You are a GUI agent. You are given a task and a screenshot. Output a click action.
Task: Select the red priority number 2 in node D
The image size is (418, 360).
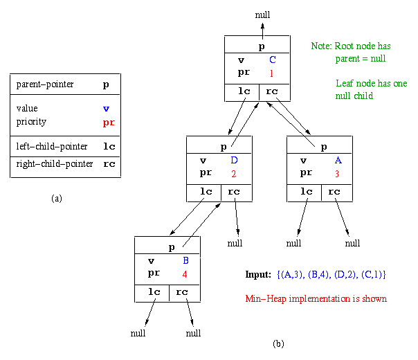234,173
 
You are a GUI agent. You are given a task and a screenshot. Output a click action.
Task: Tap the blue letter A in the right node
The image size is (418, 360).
337,161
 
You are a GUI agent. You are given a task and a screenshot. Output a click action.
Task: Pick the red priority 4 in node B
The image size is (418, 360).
185,273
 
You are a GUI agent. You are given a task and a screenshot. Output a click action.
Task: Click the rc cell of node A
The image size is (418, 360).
335,192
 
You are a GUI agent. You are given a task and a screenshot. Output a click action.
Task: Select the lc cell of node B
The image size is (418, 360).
152,292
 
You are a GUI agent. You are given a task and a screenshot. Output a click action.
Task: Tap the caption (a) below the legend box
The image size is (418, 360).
57,199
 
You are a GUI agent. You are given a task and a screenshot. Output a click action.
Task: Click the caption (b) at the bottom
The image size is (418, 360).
278,343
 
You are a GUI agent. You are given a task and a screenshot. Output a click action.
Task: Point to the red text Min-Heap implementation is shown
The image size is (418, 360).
316,299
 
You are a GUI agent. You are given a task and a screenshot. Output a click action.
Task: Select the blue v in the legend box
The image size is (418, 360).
105,109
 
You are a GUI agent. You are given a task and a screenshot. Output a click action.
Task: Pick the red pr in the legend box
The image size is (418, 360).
106,122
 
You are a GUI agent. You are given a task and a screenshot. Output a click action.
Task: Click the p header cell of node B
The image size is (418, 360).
167,247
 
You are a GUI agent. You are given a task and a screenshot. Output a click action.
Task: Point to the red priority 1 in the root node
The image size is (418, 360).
272,73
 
